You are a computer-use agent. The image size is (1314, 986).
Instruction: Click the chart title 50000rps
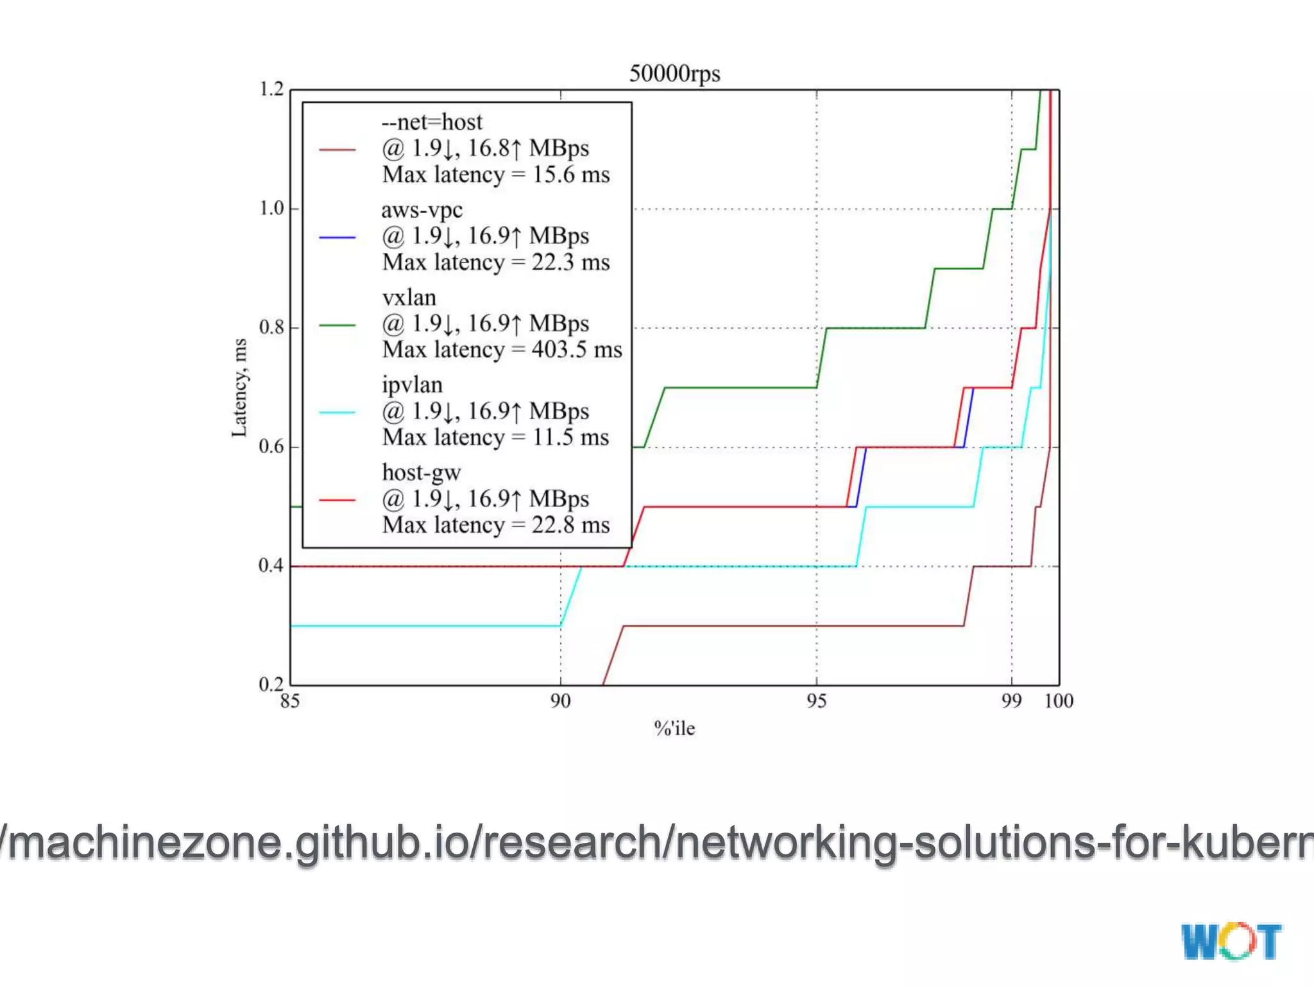(x=674, y=73)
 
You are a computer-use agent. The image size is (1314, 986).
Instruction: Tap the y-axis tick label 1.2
(x=271, y=89)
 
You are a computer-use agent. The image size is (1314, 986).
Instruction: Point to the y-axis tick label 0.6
(x=271, y=446)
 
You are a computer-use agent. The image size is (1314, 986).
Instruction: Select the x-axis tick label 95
(x=816, y=701)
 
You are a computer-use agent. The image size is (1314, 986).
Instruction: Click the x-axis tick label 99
(x=1011, y=701)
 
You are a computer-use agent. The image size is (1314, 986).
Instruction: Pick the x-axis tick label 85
(x=290, y=701)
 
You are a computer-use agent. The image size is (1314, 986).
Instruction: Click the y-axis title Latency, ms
(x=239, y=388)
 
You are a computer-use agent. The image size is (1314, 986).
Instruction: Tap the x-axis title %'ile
(x=674, y=729)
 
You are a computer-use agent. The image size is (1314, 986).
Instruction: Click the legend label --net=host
(x=431, y=122)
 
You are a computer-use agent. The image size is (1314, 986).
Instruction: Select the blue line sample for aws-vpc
(x=337, y=238)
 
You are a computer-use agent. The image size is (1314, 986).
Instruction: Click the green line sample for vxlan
(x=337, y=325)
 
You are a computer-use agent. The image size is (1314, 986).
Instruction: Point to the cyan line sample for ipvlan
(x=337, y=413)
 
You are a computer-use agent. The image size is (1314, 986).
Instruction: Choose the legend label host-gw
(x=422, y=472)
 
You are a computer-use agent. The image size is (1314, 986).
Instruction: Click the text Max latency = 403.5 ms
(x=502, y=350)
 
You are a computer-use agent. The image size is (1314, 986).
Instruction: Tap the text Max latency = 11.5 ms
(x=495, y=438)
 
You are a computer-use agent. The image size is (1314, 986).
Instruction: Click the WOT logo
(x=1231, y=942)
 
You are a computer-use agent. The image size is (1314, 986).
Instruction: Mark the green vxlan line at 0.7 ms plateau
(x=738, y=388)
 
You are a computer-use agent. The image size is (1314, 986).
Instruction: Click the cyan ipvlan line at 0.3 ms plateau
(x=423, y=625)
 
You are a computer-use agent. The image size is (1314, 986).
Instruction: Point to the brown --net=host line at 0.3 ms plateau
(x=789, y=625)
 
